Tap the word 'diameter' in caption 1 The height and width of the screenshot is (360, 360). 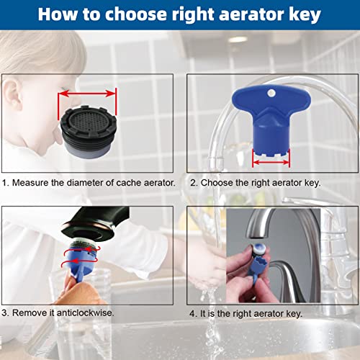(x=81, y=183)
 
